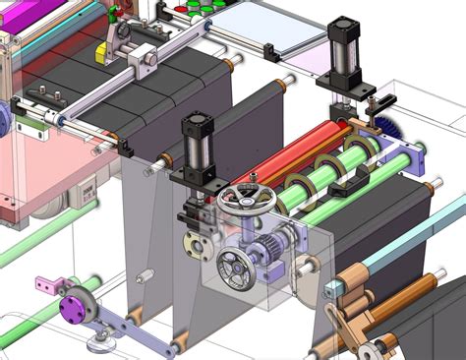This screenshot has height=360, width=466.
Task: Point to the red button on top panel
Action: tap(180, 11)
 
